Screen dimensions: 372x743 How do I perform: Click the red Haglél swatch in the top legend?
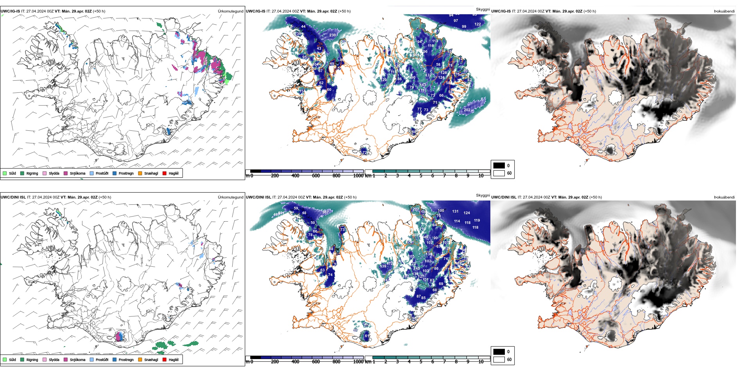[165, 173]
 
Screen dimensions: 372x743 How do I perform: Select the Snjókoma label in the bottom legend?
[77, 359]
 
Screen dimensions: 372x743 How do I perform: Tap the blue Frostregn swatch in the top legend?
[115, 173]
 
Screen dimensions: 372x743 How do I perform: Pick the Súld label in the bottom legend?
[13, 359]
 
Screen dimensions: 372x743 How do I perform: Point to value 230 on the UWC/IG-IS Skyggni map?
[332, 35]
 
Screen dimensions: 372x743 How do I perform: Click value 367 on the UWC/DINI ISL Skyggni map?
[325, 212]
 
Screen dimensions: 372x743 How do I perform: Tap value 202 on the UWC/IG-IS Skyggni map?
[467, 110]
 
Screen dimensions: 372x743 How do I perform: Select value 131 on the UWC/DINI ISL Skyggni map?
[455, 211]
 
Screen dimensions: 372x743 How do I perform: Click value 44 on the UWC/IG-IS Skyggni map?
[303, 27]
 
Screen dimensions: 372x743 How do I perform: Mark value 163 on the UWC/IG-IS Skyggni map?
[423, 85]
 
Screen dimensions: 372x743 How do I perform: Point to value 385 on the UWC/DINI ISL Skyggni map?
[415, 235]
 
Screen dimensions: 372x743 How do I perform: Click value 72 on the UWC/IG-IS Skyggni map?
[364, 152]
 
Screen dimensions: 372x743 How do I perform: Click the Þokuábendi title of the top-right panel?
[724, 11]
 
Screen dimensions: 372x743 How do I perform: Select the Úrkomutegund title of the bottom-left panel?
[230, 197]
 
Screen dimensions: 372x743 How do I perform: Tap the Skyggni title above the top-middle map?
[483, 9]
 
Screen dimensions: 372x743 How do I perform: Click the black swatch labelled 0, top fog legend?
[499, 166]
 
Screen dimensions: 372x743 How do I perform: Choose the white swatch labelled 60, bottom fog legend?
[499, 359]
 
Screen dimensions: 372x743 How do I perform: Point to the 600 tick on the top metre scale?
[316, 176]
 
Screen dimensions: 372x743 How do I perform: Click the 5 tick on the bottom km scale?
[421, 362]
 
